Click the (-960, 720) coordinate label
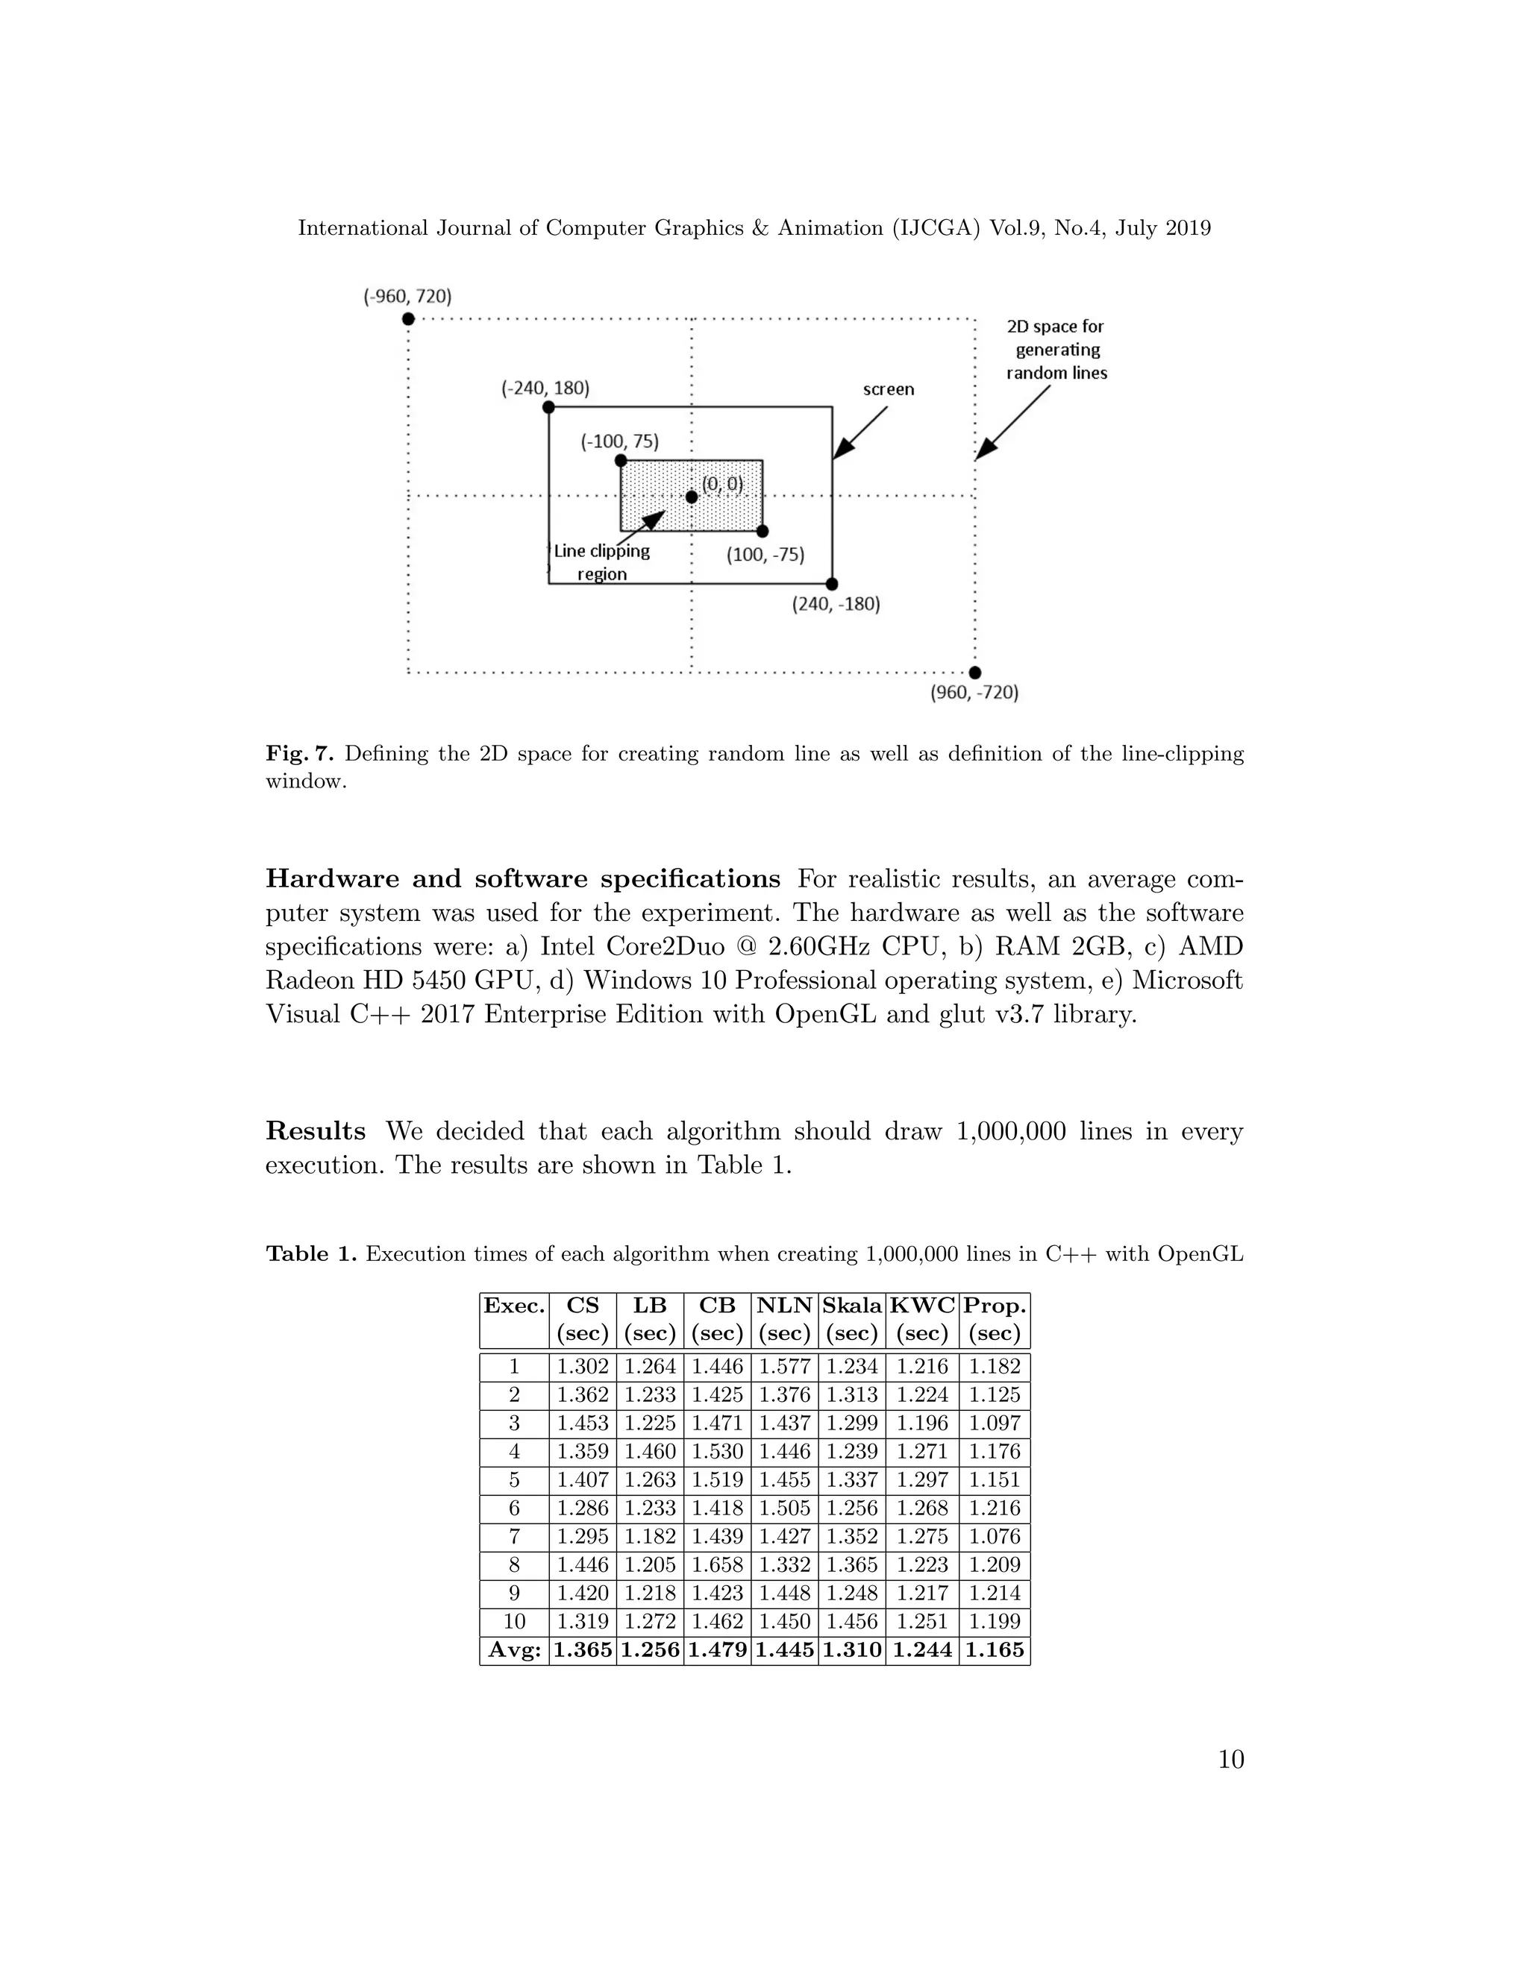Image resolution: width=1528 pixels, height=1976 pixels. coord(407,296)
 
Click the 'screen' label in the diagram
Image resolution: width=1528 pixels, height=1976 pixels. coord(888,389)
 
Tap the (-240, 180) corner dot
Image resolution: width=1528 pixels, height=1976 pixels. coord(548,407)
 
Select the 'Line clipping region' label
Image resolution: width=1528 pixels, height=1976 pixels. coord(602,562)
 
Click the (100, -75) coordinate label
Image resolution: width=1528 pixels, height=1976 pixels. coord(765,555)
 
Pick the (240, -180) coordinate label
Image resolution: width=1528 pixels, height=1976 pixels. coord(836,603)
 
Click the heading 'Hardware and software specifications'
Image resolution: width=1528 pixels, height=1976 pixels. coord(522,878)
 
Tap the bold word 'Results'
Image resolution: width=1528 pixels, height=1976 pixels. coord(315,1131)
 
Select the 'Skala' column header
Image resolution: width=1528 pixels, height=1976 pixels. coord(852,1306)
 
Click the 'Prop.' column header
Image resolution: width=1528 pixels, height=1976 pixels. coord(994,1306)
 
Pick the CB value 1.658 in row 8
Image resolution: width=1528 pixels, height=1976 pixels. coord(717,1564)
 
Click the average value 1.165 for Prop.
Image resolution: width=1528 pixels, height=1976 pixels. coord(994,1649)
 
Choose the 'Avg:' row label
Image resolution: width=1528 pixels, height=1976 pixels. coord(514,1649)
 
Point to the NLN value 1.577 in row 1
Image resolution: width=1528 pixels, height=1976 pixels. coord(784,1366)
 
